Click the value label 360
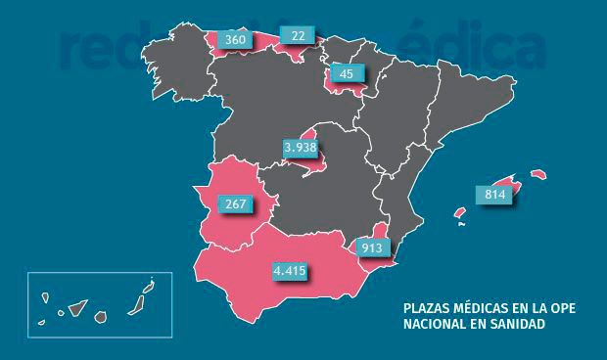click(234, 39)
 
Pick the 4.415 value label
click(291, 270)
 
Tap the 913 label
click(371, 247)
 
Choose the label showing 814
click(494, 194)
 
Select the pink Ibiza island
click(458, 212)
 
